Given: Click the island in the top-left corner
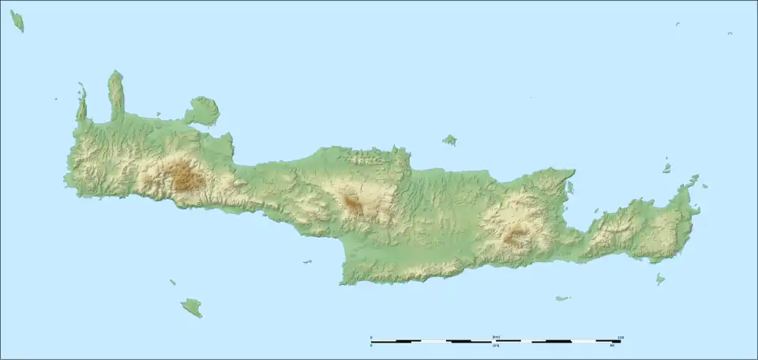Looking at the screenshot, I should pos(17,21).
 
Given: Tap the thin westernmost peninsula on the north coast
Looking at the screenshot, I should pos(81,103).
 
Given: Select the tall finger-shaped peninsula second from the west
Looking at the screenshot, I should pos(116,93).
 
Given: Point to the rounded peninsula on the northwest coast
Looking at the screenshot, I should pos(203,111).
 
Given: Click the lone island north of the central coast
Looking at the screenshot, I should pos(449,140).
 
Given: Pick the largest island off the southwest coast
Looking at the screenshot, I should pos(192,306).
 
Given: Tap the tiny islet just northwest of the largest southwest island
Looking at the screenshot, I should pos(172,282).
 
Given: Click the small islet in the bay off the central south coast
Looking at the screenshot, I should pos(306,262).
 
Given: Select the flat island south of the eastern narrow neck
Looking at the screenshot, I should pos(562,298).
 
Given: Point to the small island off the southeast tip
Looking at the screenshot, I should pos(660,278).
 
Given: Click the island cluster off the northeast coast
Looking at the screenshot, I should pos(667,167).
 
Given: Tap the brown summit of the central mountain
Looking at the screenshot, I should pos(352,204).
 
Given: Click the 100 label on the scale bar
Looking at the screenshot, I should pos(621,337).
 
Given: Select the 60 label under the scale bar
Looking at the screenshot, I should pos(611,346).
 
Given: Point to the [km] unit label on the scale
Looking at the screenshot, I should pos(496,337).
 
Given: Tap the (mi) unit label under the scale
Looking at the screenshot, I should pos(496,346).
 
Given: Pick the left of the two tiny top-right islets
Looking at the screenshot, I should pos(677,24).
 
